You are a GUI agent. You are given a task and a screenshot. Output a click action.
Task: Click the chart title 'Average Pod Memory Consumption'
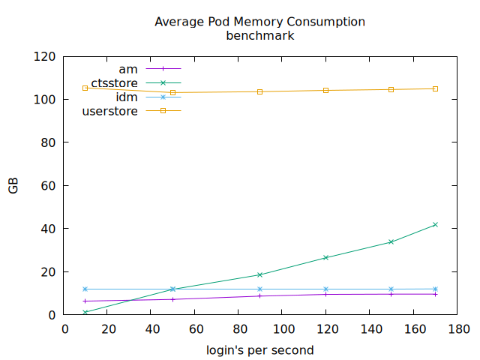(259, 22)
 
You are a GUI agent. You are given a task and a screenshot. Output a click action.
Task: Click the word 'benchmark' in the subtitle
(259, 35)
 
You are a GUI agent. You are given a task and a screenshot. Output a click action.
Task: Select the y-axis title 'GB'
(13, 186)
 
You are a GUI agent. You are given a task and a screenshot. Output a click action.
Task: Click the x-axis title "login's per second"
(259, 350)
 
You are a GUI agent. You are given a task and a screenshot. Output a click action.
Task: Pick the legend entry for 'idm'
(126, 97)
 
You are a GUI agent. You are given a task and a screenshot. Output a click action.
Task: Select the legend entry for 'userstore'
(109, 111)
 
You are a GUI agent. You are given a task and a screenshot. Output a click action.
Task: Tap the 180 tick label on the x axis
(457, 328)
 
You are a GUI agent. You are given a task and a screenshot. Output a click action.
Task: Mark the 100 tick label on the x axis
(283, 328)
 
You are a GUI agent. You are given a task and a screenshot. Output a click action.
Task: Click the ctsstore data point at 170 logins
(435, 225)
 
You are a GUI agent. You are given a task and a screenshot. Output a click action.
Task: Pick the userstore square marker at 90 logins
(260, 91)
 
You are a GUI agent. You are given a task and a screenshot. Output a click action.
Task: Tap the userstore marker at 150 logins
(391, 89)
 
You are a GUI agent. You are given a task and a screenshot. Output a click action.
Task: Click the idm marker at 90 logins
(260, 289)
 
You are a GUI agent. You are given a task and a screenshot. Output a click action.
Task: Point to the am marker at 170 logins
(435, 294)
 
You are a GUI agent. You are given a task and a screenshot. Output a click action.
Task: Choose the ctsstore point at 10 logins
(85, 312)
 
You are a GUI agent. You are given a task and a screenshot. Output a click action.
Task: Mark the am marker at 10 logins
(85, 301)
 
